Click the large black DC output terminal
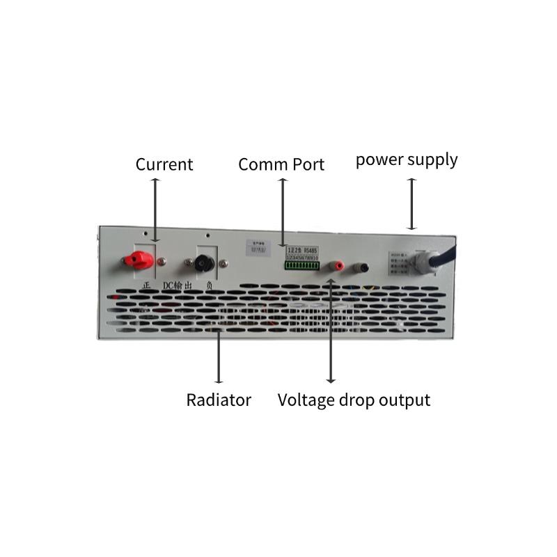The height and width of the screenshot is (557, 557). click(205, 262)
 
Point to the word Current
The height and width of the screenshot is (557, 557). click(164, 164)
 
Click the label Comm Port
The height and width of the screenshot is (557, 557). click(281, 164)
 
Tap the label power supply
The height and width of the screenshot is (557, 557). click(407, 159)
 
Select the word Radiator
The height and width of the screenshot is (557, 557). click(219, 400)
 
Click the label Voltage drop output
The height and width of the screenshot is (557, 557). click(354, 400)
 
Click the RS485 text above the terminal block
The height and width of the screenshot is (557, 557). click(311, 249)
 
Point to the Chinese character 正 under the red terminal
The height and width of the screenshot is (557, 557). click(146, 285)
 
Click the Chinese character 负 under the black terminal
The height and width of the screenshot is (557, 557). click(207, 285)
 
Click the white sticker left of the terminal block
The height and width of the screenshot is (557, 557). click(258, 246)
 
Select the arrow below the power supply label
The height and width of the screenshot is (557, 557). click(412, 203)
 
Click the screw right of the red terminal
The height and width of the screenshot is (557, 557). click(162, 262)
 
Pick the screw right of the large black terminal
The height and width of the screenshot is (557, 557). click(224, 263)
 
